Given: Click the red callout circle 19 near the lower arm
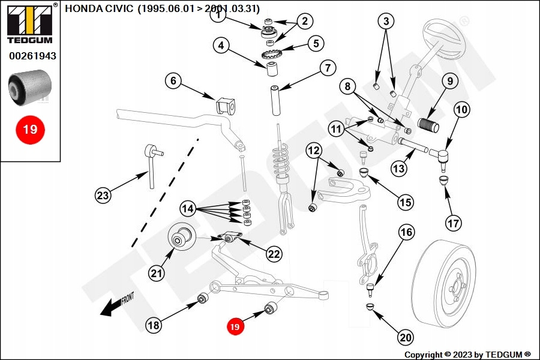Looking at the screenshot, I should coord(235,326).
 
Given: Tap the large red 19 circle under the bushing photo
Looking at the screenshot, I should coord(30,129).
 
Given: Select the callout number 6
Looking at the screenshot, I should coord(173,81).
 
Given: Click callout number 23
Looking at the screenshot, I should coord(104,194).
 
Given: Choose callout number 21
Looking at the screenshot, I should coord(157,274).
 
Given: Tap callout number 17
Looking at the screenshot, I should coord(454,223).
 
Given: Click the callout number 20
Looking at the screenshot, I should coord(406,338).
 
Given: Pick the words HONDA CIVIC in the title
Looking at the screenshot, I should coord(99,9).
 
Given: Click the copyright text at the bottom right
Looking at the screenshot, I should coord(467,355).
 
